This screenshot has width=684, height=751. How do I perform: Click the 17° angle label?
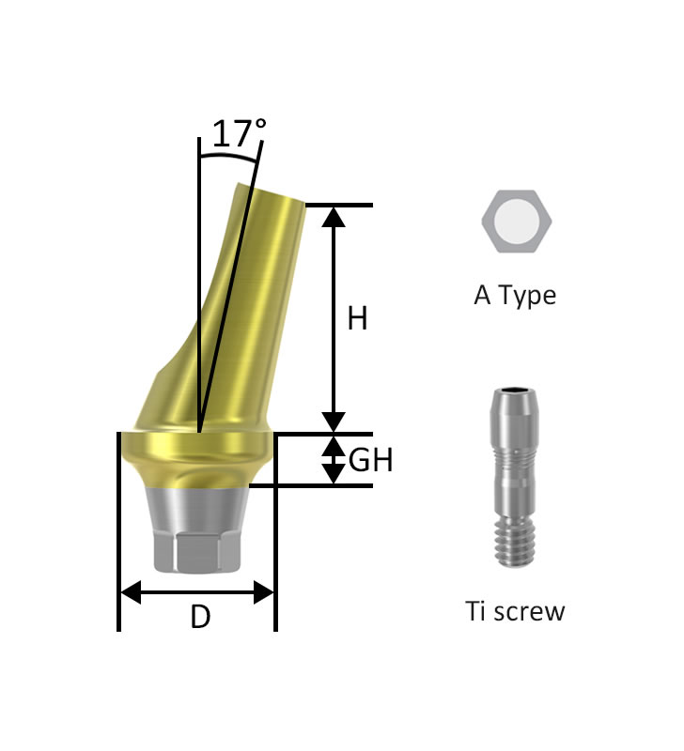239,132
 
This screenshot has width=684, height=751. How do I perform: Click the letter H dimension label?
358,318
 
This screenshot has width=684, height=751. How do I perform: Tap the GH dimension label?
370,460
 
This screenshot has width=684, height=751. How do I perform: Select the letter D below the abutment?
200,617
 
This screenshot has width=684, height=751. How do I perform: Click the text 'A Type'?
515,296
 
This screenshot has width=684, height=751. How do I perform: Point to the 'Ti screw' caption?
515,611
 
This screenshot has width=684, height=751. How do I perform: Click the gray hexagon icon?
516,222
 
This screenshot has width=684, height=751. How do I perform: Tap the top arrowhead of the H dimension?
334,217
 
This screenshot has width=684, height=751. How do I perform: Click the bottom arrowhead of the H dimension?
334,421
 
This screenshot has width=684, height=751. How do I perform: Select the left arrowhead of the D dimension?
131,592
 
